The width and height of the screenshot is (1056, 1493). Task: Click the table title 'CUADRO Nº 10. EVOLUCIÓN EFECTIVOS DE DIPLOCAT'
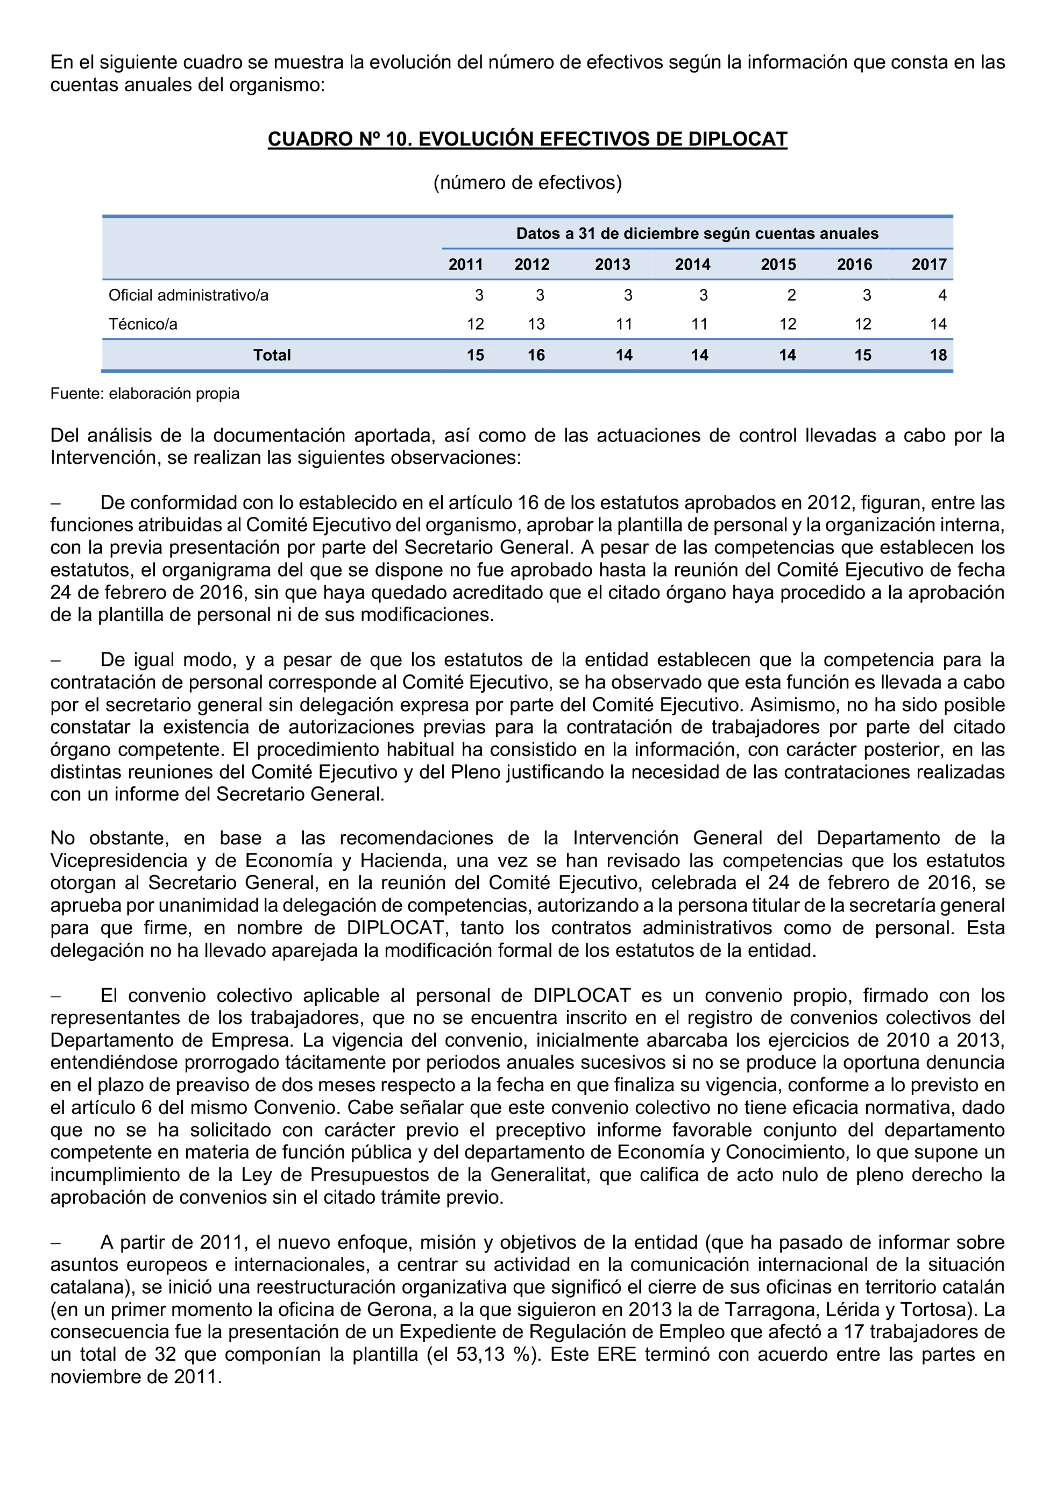pyautogui.click(x=527, y=139)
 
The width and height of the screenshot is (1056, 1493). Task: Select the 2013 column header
pyautogui.click(x=613, y=265)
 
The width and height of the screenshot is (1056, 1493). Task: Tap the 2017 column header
pyautogui.click(x=929, y=265)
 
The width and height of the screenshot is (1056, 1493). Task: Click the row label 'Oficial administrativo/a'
pyautogui.click(x=189, y=295)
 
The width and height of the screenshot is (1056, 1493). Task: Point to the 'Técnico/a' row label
pyautogui.click(x=143, y=324)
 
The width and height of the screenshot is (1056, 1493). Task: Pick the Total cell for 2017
pyautogui.click(x=938, y=355)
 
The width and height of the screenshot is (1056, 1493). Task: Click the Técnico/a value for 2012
pyautogui.click(x=536, y=324)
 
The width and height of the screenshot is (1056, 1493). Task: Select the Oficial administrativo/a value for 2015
pyautogui.click(x=791, y=295)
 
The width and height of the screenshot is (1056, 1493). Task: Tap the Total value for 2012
pyautogui.click(x=536, y=355)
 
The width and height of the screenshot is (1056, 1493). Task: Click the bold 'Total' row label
pyautogui.click(x=272, y=355)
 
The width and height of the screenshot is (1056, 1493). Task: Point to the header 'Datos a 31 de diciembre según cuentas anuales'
pyautogui.click(x=697, y=233)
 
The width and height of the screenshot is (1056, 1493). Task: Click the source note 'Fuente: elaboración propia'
pyautogui.click(x=145, y=393)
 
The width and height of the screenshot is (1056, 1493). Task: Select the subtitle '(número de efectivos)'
pyautogui.click(x=527, y=183)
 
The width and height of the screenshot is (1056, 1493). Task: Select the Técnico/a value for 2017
pyautogui.click(x=938, y=324)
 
